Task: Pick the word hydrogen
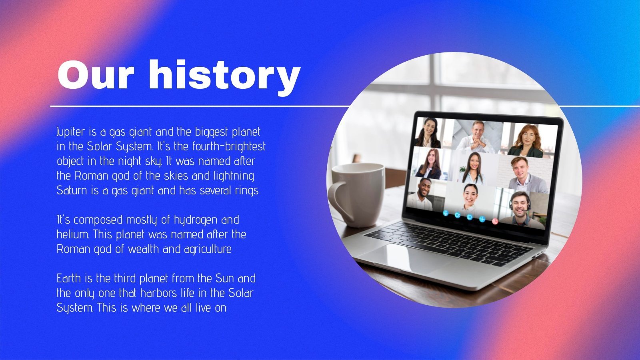196,220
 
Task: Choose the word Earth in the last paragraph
69,278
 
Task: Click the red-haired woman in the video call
526,140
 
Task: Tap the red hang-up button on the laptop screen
495,221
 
